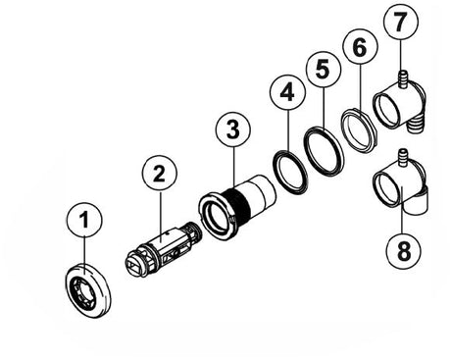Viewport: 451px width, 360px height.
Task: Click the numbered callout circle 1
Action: coord(84,220)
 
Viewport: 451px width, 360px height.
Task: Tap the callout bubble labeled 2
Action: coord(160,174)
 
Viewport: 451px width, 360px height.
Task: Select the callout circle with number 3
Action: coord(233,129)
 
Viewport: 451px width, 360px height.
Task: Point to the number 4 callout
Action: coord(287,93)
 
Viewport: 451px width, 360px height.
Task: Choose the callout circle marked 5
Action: coord(324,69)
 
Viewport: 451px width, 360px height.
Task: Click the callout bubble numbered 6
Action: coord(360,47)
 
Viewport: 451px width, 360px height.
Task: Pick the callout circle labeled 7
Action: coord(400,23)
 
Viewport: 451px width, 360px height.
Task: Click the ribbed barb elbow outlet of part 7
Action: coord(415,125)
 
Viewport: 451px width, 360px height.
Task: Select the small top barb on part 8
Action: coord(404,158)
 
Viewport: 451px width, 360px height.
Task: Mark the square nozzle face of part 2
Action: coord(134,265)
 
